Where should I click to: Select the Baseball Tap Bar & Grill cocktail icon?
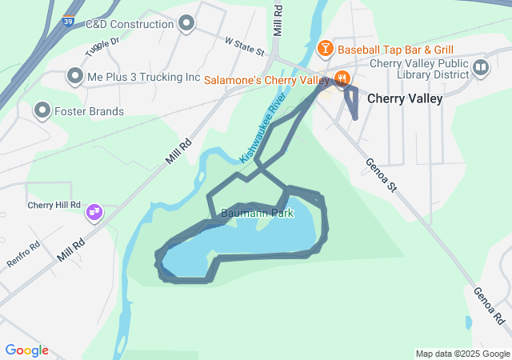[326, 49]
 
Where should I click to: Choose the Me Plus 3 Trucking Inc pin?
[74, 77]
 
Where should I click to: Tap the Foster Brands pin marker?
[42, 110]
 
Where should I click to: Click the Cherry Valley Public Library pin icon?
[480, 66]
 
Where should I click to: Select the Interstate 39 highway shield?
[70, 22]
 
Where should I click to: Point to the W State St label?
[244, 46]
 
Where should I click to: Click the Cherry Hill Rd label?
[54, 205]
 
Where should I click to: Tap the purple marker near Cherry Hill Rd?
[94, 213]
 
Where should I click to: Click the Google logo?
[26, 350]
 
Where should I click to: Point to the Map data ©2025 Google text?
[462, 354]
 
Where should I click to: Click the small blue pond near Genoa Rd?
[468, 322]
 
